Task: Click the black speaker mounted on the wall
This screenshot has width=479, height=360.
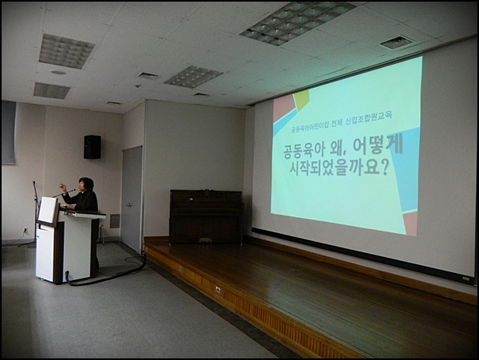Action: tap(92, 147)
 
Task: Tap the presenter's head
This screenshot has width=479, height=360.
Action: tap(85, 185)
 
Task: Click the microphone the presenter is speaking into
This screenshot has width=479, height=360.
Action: tap(72, 191)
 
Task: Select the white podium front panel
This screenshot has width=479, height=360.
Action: tap(77, 248)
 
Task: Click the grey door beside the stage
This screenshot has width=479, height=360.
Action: tap(132, 199)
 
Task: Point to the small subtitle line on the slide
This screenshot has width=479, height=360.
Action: tap(343, 117)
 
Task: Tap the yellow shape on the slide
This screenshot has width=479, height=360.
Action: tap(300, 99)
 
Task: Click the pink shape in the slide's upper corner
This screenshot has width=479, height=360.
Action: tap(283, 107)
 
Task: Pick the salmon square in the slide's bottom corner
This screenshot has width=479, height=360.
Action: tap(410, 223)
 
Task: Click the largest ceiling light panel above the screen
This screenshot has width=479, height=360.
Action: tap(297, 22)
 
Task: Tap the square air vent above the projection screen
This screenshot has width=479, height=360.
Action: tap(397, 42)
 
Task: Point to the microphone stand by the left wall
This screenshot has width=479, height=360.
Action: tap(35, 211)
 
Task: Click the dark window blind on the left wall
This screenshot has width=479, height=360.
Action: tap(8, 132)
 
